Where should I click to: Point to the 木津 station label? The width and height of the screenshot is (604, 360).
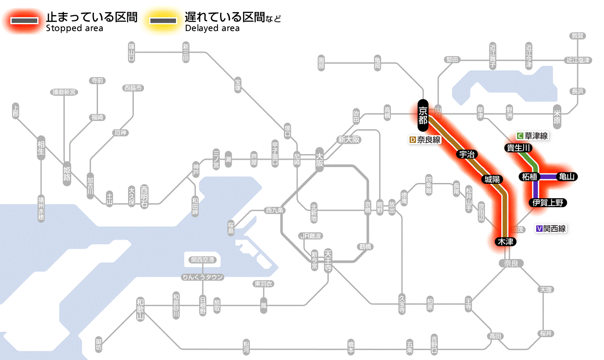(x=506, y=242)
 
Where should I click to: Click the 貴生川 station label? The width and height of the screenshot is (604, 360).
(x=519, y=148)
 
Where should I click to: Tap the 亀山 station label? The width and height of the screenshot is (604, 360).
(x=567, y=177)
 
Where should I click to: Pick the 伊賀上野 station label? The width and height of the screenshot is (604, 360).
(x=547, y=203)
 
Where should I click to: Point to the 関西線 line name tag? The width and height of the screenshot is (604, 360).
(x=551, y=229)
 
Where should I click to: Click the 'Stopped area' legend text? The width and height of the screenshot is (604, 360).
(x=74, y=28)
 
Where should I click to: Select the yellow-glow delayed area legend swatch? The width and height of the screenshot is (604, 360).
(x=163, y=21)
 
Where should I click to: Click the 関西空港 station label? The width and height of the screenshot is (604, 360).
(x=202, y=260)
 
